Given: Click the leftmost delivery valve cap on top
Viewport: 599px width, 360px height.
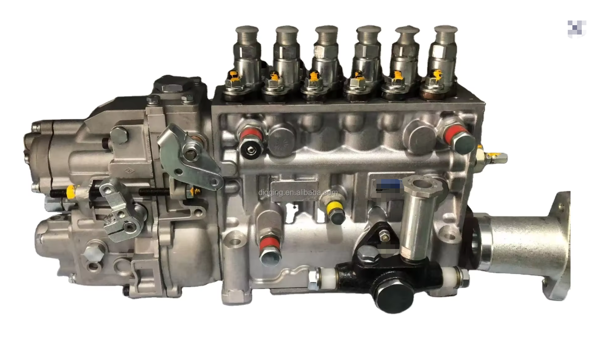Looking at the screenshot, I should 247,34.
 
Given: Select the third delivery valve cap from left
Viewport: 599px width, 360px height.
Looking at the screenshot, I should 327,34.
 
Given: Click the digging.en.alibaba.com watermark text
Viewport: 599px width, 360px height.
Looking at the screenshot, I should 298,192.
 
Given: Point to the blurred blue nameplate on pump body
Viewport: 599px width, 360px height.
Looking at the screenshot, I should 389,185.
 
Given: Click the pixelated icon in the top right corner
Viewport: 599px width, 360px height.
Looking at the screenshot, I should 577,29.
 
